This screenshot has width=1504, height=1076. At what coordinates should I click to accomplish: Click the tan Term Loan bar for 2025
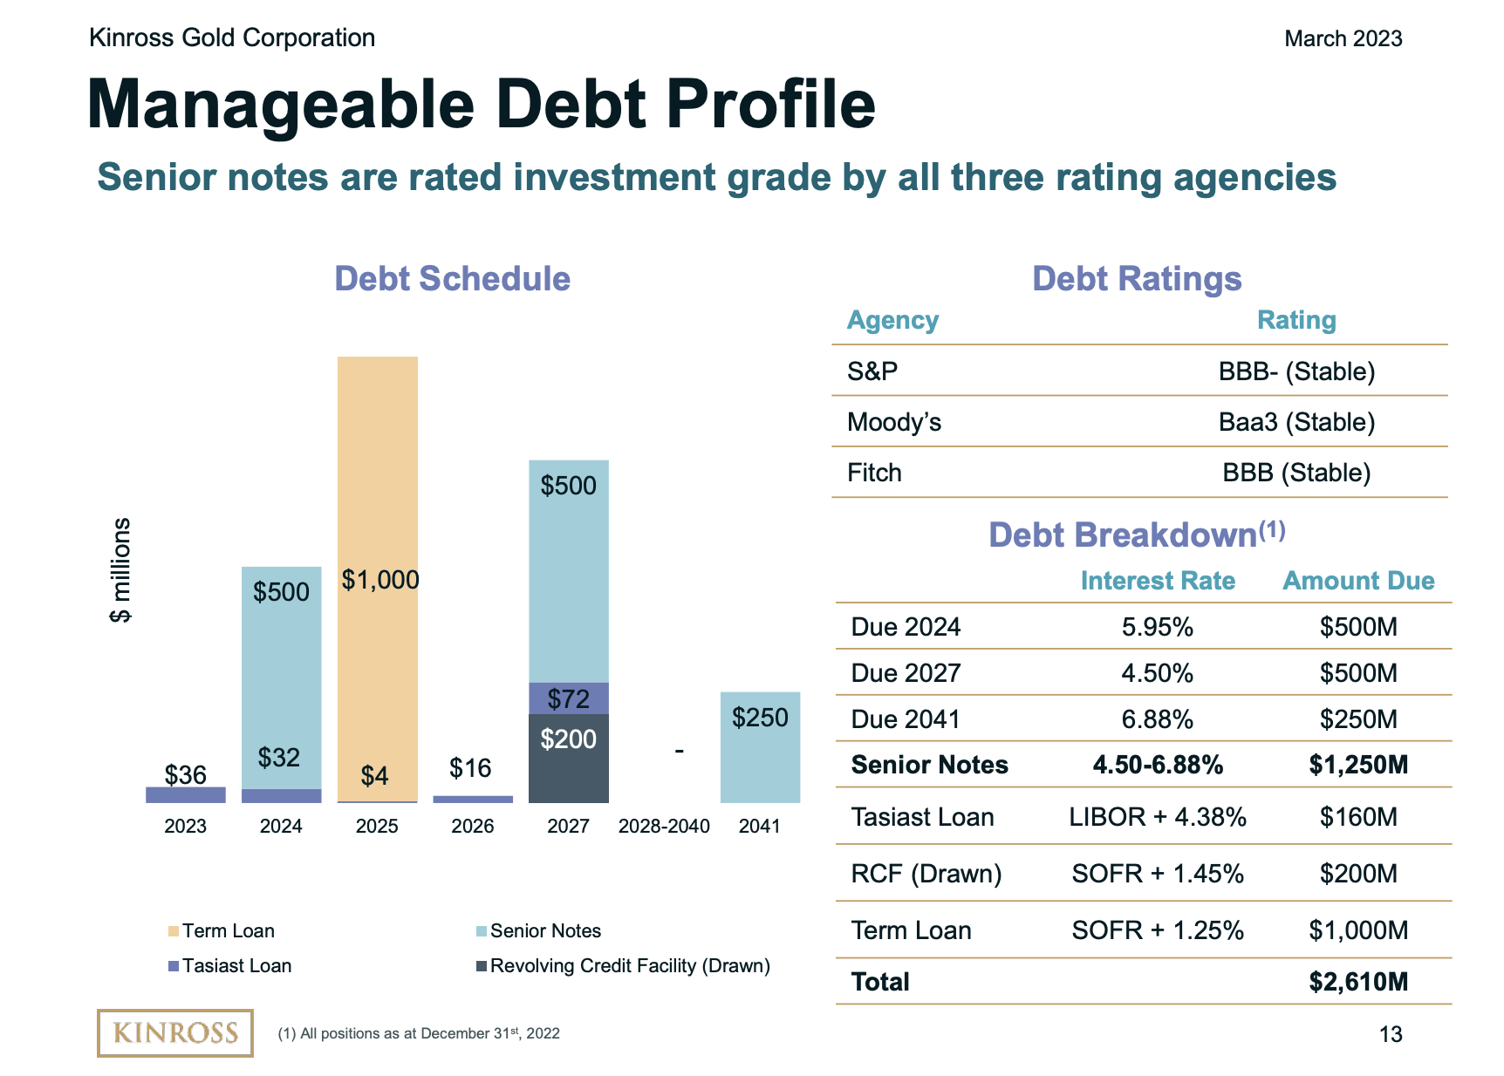(x=377, y=488)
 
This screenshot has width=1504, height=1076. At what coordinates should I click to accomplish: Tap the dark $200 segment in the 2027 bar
(x=568, y=759)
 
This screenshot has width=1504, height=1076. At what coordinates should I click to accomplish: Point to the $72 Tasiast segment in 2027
(x=568, y=698)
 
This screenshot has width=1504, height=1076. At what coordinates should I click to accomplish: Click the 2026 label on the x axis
(x=472, y=826)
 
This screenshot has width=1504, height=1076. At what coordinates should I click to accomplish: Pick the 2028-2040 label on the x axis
(x=664, y=826)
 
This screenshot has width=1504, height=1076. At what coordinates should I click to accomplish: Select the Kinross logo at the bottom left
(x=174, y=1033)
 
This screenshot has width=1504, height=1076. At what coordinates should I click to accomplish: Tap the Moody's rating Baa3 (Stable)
(x=1296, y=422)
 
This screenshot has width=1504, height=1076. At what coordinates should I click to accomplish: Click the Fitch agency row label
(x=874, y=473)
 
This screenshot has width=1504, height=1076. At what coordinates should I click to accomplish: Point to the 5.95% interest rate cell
(x=1157, y=627)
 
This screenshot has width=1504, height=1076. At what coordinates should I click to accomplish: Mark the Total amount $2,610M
(x=1357, y=982)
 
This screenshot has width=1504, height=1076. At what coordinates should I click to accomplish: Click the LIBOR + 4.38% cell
(x=1157, y=817)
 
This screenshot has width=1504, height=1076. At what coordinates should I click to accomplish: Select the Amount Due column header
(x=1357, y=581)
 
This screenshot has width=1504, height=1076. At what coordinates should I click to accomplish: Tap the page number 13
(x=1391, y=1034)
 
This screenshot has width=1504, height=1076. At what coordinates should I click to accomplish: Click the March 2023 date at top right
(x=1343, y=38)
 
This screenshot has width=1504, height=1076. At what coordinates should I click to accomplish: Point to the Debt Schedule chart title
(x=452, y=279)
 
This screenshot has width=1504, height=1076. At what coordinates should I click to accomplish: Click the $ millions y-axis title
(x=120, y=570)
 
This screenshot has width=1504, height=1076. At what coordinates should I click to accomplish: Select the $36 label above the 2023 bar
(x=186, y=774)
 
